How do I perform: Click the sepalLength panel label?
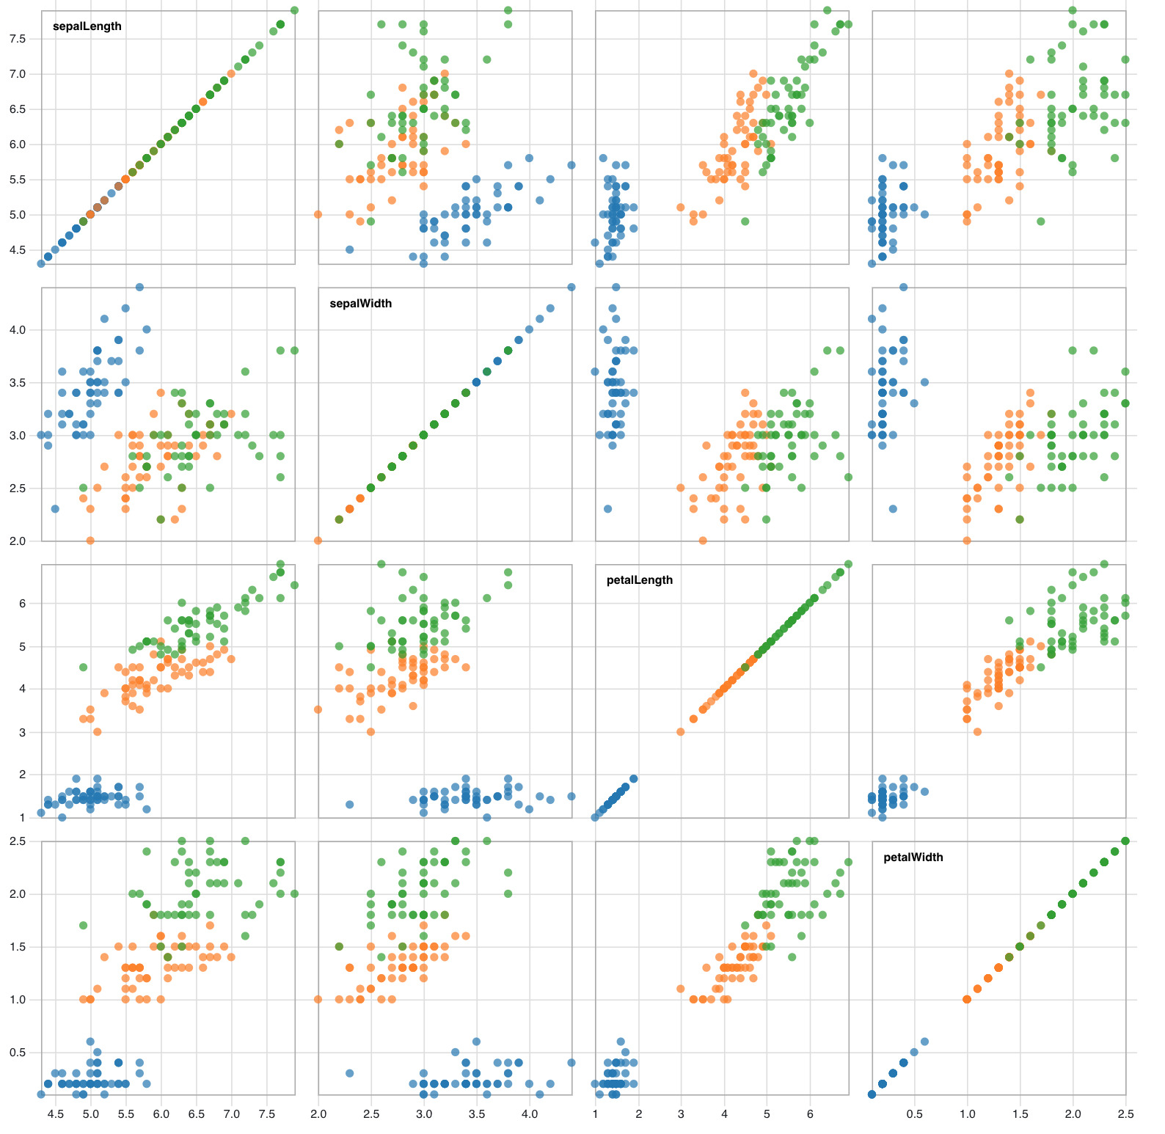tap(87, 26)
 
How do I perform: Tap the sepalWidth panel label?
tap(361, 304)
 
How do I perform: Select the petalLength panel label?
tap(640, 580)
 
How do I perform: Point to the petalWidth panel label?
tap(913, 857)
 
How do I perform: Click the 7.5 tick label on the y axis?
tap(17, 39)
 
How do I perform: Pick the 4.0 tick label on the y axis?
tap(17, 330)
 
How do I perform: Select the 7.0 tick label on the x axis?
tap(232, 1113)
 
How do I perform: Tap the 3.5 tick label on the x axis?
tap(477, 1113)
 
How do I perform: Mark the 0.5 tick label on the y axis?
tap(17, 1053)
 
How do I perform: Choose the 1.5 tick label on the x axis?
tap(1020, 1113)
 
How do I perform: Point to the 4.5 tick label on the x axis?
tap(55, 1113)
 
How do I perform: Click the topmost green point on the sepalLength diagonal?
tap(294, 10)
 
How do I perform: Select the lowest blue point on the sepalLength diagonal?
tap(41, 263)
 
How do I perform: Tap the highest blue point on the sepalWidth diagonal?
tap(571, 287)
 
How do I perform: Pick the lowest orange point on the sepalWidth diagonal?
tap(318, 541)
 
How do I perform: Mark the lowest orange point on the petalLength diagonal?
tap(681, 732)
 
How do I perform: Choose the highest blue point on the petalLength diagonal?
tap(634, 779)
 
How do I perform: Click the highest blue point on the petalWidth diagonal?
tap(924, 1042)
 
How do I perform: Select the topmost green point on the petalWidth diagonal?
tap(1125, 841)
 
